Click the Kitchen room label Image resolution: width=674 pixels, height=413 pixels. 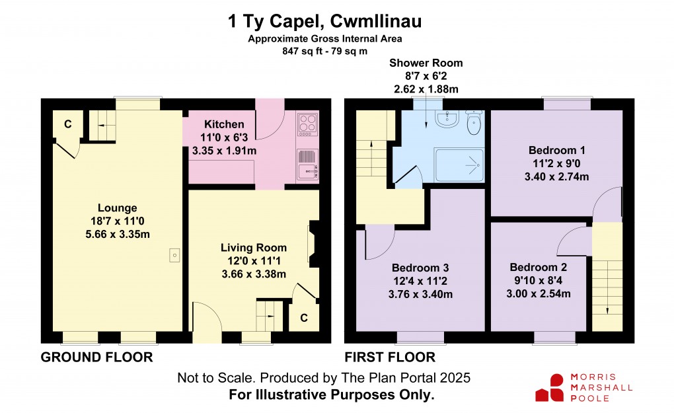coord(224,124)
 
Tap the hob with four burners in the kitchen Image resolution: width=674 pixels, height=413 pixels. coord(308,124)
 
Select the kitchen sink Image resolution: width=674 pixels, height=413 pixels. coord(307,171)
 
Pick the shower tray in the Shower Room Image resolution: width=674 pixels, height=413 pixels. coord(459,163)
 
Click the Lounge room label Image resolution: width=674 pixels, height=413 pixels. coord(118,208)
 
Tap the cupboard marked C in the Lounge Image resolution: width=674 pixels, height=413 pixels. coord(67,124)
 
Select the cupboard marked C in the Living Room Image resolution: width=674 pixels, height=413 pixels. coord(303,318)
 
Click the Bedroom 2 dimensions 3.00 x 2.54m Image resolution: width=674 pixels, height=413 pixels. coord(538,293)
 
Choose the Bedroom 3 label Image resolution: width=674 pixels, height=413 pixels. coord(420,268)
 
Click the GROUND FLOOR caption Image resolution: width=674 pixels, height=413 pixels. coord(96,357)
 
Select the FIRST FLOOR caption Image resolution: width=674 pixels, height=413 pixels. coord(389,357)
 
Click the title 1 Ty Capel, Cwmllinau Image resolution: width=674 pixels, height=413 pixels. coord(324,22)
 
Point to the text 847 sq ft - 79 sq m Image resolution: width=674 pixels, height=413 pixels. coord(324,50)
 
